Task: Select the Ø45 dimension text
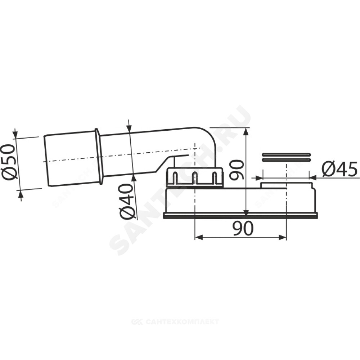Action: [x=339, y=169]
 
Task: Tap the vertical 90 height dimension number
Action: [x=236, y=170]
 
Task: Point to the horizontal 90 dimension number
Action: [x=243, y=228]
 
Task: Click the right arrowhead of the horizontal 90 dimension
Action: [x=282, y=237]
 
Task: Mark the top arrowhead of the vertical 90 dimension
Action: [x=246, y=132]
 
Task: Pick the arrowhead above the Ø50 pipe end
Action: [x=15, y=134]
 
